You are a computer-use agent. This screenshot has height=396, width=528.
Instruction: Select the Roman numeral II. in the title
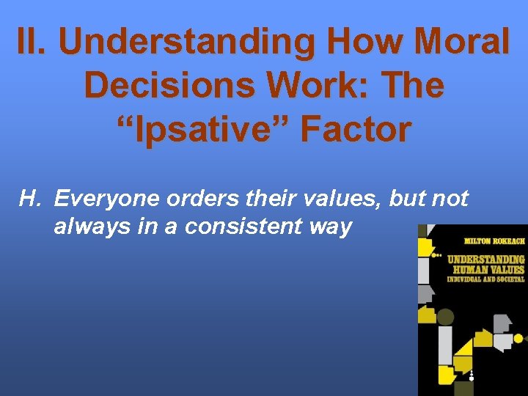click(34, 42)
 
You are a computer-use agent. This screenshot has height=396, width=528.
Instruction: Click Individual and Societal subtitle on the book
click(486, 279)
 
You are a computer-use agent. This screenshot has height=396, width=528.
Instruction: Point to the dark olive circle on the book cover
click(445, 318)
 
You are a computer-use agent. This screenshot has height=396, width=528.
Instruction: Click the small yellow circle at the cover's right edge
click(518, 338)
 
